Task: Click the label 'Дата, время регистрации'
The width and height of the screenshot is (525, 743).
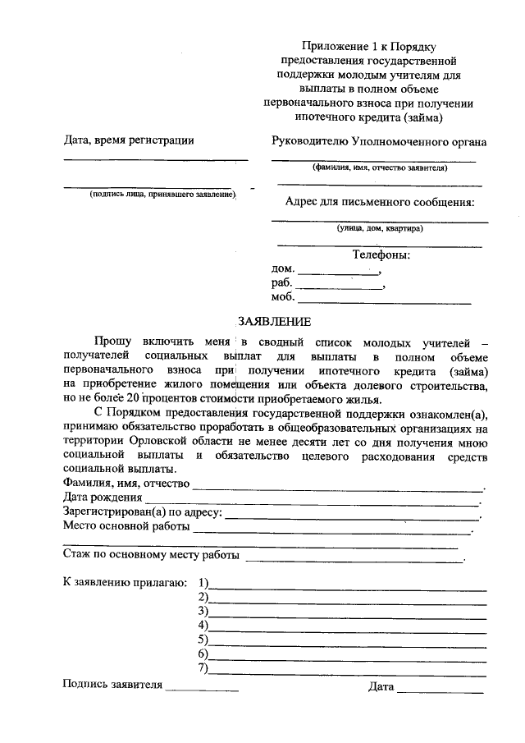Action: coord(129,140)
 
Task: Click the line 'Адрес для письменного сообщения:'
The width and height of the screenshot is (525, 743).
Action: coord(380,202)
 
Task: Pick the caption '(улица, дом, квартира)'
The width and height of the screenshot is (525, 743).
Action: coord(379,228)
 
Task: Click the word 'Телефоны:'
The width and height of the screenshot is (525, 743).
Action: coord(381,255)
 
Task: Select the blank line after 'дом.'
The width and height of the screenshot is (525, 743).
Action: coord(338,273)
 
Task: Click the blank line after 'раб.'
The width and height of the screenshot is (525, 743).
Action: coord(340,287)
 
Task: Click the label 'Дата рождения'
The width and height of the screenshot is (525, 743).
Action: coord(102,498)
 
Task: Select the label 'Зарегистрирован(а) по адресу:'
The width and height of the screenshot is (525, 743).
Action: coord(142,511)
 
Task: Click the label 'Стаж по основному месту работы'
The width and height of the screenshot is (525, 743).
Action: coord(151,556)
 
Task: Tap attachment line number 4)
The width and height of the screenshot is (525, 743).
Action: coord(348,627)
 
